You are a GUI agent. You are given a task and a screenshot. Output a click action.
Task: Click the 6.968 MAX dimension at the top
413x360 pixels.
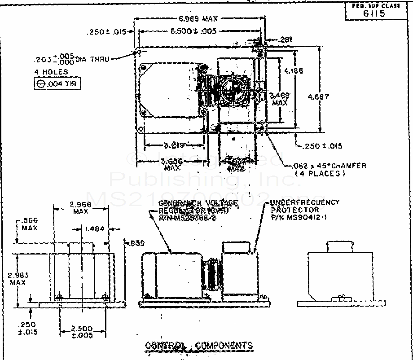pyautogui.click(x=198, y=19)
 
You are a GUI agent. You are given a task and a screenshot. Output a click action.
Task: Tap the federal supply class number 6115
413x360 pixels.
pyautogui.click(x=373, y=13)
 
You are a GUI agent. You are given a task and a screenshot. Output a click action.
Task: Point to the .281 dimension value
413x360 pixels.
pyautogui.click(x=286, y=40)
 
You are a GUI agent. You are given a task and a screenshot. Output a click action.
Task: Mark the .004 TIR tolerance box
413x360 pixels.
pyautogui.click(x=57, y=84)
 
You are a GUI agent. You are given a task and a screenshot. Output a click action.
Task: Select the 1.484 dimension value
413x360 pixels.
pyautogui.click(x=94, y=228)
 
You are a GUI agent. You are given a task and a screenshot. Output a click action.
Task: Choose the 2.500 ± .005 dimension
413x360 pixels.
pyautogui.click(x=83, y=332)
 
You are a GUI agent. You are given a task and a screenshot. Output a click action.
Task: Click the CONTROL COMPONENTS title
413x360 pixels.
pyautogui.click(x=198, y=345)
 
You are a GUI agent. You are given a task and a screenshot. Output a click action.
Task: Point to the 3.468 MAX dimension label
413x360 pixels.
pyautogui.click(x=280, y=98)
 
